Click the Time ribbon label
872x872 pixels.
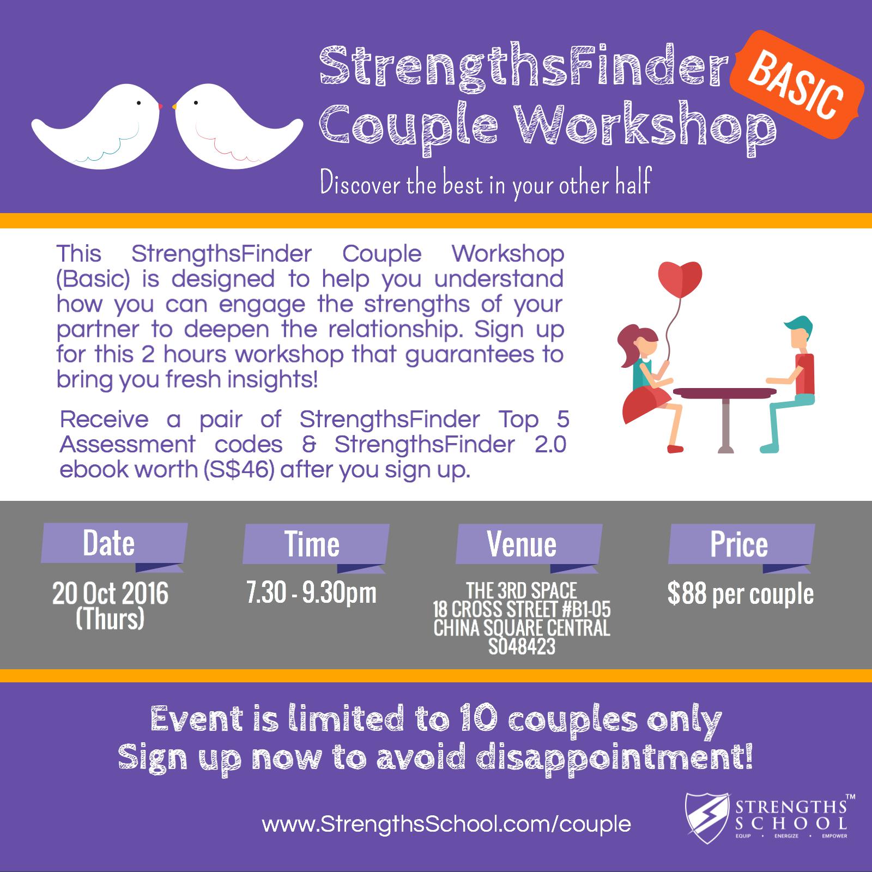316,544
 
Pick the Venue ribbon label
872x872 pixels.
529,544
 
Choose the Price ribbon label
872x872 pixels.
741,544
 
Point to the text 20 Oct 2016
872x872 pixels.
111,594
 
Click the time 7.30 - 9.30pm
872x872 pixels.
311,593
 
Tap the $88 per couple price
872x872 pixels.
741,594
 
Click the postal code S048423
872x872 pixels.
522,647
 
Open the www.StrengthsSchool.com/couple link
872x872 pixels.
446,823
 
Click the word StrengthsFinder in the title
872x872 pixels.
523,71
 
